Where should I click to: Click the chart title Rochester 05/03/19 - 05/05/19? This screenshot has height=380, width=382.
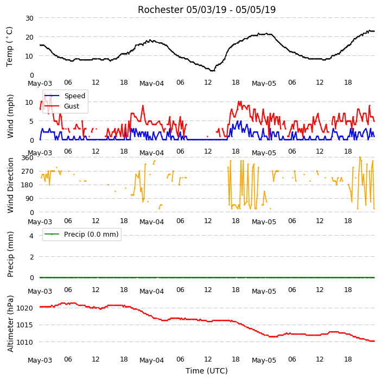(207, 10)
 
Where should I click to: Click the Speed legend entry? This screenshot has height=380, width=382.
(65, 96)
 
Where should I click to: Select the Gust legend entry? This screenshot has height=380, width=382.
(62, 106)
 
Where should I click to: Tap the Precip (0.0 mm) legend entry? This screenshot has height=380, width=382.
(81, 234)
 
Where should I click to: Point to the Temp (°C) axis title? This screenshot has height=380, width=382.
(9, 47)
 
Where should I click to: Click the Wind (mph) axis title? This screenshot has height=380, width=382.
(10, 116)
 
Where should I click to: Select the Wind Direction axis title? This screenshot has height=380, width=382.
(10, 185)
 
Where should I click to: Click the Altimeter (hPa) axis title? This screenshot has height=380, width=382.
(10, 324)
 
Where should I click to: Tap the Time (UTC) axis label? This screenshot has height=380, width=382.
(207, 371)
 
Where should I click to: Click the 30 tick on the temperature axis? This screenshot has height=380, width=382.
(29, 18)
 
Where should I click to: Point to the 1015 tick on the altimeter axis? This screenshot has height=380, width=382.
(24, 325)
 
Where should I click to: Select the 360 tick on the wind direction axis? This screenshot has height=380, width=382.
(27, 158)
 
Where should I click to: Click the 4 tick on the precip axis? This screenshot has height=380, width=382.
(31, 236)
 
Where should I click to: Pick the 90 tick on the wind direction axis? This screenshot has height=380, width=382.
(29, 198)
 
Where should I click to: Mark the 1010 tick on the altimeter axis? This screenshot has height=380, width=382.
(24, 342)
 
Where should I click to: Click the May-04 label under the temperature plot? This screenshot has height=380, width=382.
(151, 84)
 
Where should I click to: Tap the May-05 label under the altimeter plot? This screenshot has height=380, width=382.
(264, 360)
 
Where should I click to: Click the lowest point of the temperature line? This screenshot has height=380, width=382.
(213, 71)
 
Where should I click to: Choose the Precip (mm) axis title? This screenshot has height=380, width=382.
(10, 254)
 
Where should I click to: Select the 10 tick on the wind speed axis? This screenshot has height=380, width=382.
(29, 103)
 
